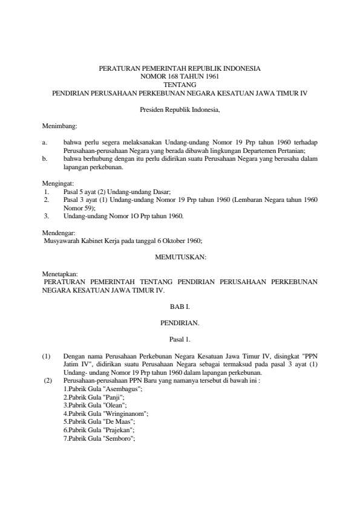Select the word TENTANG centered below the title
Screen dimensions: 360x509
pos(180,86)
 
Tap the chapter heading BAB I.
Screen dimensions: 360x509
pos(180,307)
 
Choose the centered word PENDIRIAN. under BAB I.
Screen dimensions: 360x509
pos(180,324)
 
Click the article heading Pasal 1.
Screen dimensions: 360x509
pos(180,341)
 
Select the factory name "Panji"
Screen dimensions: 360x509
pos(114,397)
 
